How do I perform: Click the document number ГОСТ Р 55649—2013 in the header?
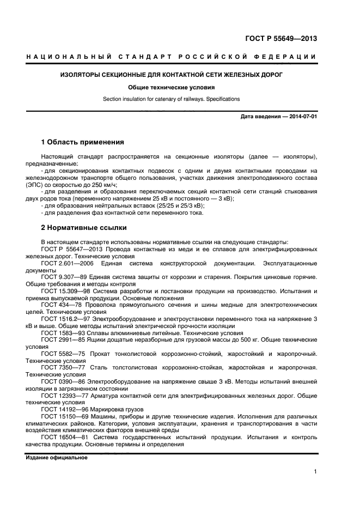point(280,39)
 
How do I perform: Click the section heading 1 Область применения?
point(83,142)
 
